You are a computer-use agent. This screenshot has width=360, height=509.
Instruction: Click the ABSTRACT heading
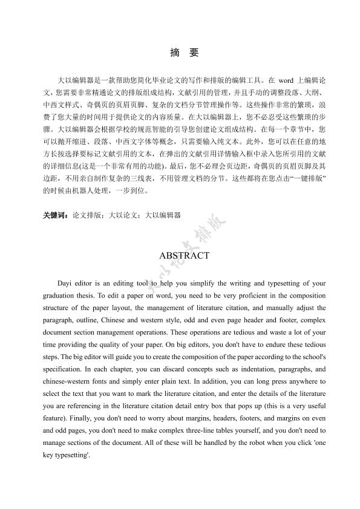tap(184, 256)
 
